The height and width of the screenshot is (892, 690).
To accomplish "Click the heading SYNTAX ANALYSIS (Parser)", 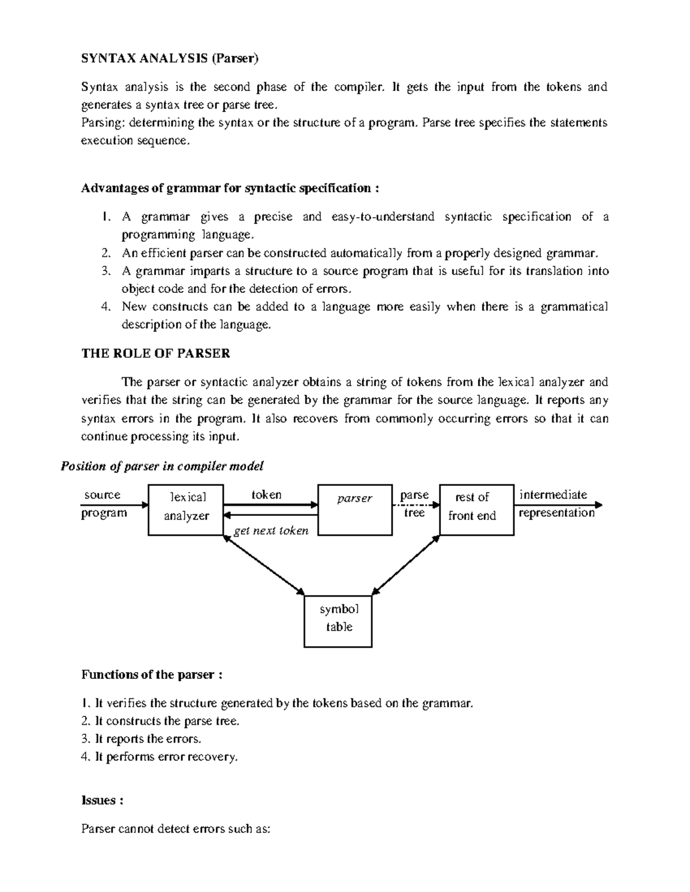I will [x=170, y=58].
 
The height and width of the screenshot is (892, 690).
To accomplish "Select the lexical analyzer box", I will [x=186, y=510].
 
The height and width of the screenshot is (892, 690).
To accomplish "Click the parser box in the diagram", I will [x=355, y=510].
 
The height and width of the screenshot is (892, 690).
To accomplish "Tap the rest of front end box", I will [x=476, y=510].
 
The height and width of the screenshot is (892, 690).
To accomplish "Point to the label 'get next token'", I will [x=271, y=531].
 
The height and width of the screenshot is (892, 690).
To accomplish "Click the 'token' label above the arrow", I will [x=266, y=495].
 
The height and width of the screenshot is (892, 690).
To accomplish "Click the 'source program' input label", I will [x=103, y=504].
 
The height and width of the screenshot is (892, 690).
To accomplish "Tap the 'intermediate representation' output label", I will [x=555, y=504].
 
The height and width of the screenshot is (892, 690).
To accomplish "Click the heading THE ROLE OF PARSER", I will [x=155, y=354].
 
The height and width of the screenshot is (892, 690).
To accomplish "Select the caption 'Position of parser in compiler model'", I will [x=162, y=466].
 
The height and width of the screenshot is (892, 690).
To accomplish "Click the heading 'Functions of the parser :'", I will [x=151, y=675].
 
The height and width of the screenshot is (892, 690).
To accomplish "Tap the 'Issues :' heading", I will [x=102, y=801].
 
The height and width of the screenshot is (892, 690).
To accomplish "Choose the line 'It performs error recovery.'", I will [x=159, y=757].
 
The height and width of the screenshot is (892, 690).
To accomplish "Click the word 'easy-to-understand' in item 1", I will [x=383, y=217].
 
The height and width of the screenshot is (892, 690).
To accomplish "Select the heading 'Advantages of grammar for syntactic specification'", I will [x=230, y=188].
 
